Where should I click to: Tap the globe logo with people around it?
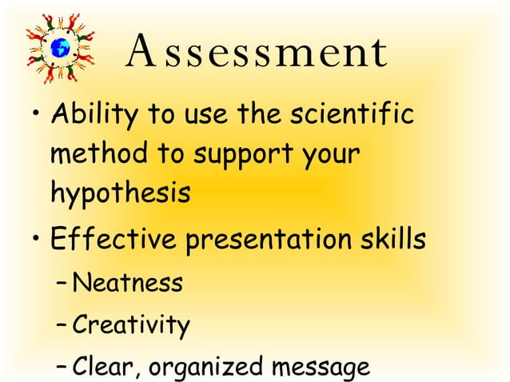[60, 46]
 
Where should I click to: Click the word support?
[245, 155]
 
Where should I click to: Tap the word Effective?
[113, 239]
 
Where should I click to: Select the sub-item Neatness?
[126, 282]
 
